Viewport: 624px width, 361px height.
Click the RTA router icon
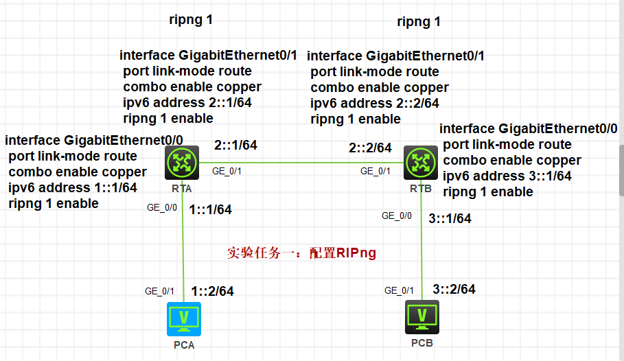click(x=182, y=163)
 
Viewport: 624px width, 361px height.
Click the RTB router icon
click(x=421, y=163)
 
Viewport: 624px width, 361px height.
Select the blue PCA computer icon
click(x=184, y=319)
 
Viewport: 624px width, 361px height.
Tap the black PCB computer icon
click(x=422, y=317)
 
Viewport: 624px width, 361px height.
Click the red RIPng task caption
click(x=301, y=253)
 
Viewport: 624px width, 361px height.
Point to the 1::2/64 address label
click(x=213, y=292)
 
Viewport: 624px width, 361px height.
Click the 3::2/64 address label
click(x=454, y=290)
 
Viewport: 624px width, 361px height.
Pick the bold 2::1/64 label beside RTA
click(x=235, y=145)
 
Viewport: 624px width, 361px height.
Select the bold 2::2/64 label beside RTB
click(x=370, y=148)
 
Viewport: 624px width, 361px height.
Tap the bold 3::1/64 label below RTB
click(x=450, y=218)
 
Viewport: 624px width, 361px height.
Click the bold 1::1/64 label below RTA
click(x=210, y=210)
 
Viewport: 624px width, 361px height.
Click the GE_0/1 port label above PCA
click(x=159, y=292)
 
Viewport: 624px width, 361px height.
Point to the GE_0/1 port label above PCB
click(x=399, y=290)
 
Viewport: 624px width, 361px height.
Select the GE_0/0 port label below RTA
click(x=162, y=208)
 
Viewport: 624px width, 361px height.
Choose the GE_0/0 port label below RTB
click(x=397, y=216)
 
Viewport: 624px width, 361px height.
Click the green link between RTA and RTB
click(x=301, y=163)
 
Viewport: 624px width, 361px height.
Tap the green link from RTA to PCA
click(x=183, y=241)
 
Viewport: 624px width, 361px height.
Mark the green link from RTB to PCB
click(x=421, y=240)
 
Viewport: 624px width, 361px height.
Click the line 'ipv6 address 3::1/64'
click(x=507, y=176)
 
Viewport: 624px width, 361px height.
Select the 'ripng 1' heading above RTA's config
click(x=191, y=20)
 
